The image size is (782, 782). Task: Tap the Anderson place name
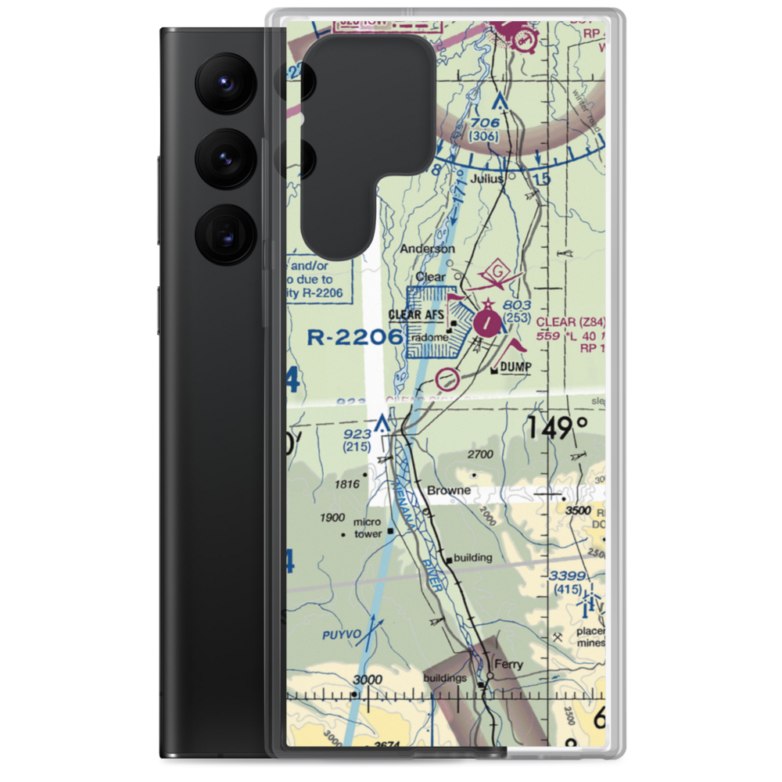click(427, 249)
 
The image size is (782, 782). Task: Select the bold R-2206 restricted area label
click(355, 337)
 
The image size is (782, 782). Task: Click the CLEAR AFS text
click(417, 315)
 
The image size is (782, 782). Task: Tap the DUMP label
click(516, 367)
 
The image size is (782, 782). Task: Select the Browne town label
click(449, 490)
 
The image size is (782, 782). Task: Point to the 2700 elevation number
click(479, 454)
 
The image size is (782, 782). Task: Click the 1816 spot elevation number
click(346, 484)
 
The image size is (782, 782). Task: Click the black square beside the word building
click(448, 560)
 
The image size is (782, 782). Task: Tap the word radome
click(431, 337)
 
